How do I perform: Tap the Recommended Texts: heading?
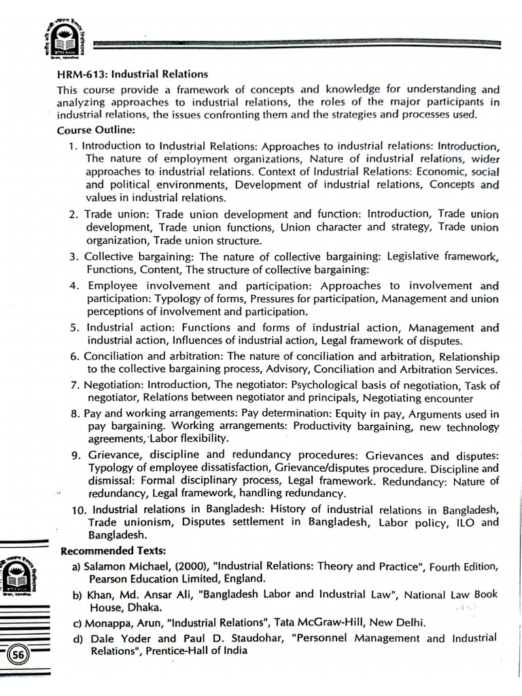coord(114,550)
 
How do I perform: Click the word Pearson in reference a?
coord(108,578)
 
